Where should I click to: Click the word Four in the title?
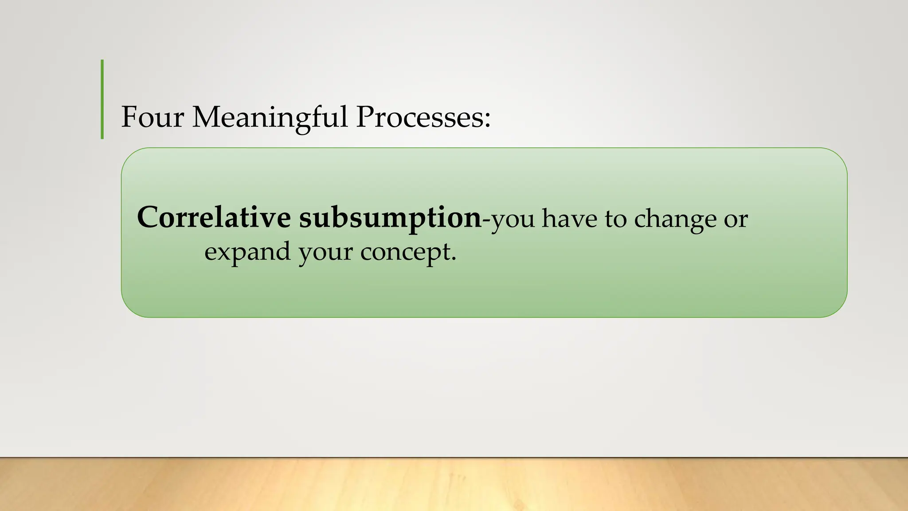[x=152, y=117]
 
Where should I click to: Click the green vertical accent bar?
[x=102, y=99]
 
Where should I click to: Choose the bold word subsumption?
[x=390, y=218]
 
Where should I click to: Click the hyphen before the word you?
[x=486, y=220]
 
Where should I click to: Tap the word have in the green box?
[x=570, y=218]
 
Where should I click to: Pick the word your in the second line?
[x=325, y=253]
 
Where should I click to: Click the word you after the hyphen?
[x=513, y=220]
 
